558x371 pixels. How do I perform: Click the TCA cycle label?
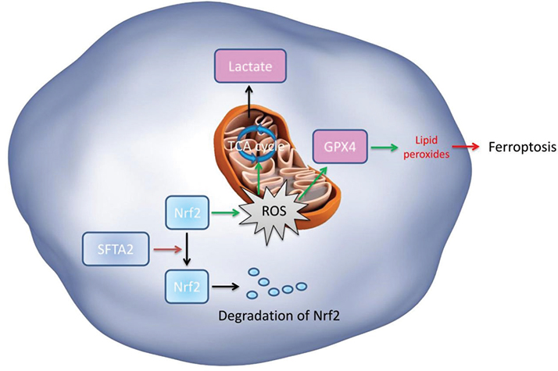coord(252,145)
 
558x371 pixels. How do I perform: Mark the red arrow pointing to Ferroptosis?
coord(467,147)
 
